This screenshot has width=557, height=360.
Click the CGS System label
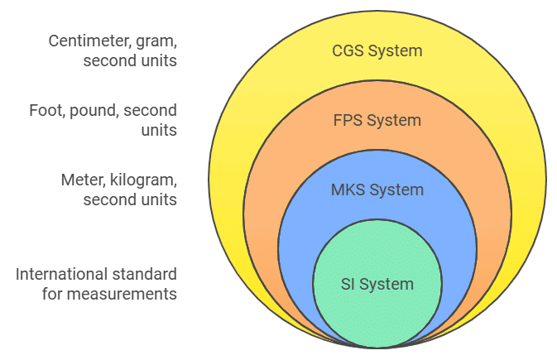pyautogui.click(x=377, y=51)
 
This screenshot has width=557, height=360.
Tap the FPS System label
pyautogui.click(x=377, y=121)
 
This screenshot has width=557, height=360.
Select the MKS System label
pyautogui.click(x=377, y=190)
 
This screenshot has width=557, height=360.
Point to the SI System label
pyautogui.click(x=377, y=285)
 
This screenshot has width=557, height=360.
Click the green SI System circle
pyautogui.click(x=377, y=310)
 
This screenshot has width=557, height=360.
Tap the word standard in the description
pyautogui.click(x=150, y=274)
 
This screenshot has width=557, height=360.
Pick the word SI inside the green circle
pyautogui.click(x=348, y=285)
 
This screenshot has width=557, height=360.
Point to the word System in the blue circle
pyautogui.click(x=396, y=190)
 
